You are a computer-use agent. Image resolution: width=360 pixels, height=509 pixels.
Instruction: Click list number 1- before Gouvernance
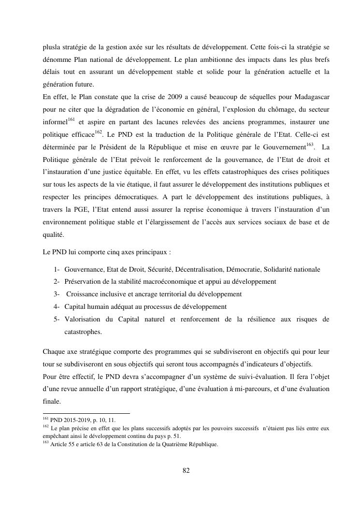coord(57,269)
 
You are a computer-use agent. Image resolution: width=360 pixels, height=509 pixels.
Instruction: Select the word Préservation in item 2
coord(83,281)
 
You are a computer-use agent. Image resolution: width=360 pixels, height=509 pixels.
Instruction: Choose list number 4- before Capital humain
coord(57,306)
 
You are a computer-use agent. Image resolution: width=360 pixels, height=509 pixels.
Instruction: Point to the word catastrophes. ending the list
coord(83,332)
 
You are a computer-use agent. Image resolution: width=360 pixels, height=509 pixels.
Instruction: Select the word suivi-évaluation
coord(250,376)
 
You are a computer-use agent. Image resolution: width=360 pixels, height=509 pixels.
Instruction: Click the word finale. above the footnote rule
coord(52,401)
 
